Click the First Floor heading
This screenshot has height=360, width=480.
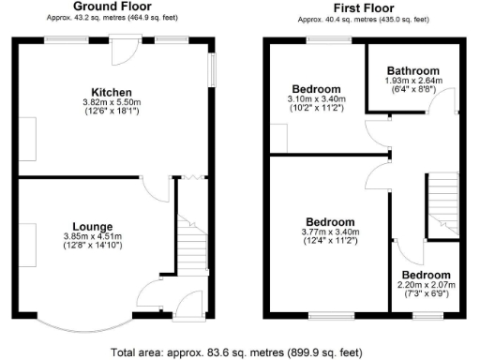tap(362, 7)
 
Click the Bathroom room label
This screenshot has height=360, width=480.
tap(413, 71)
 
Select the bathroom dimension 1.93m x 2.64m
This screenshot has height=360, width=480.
tap(413, 81)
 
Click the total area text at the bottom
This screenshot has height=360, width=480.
tap(239, 352)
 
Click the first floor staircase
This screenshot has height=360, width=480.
tap(442, 204)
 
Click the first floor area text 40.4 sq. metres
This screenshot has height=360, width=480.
tap(362, 18)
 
